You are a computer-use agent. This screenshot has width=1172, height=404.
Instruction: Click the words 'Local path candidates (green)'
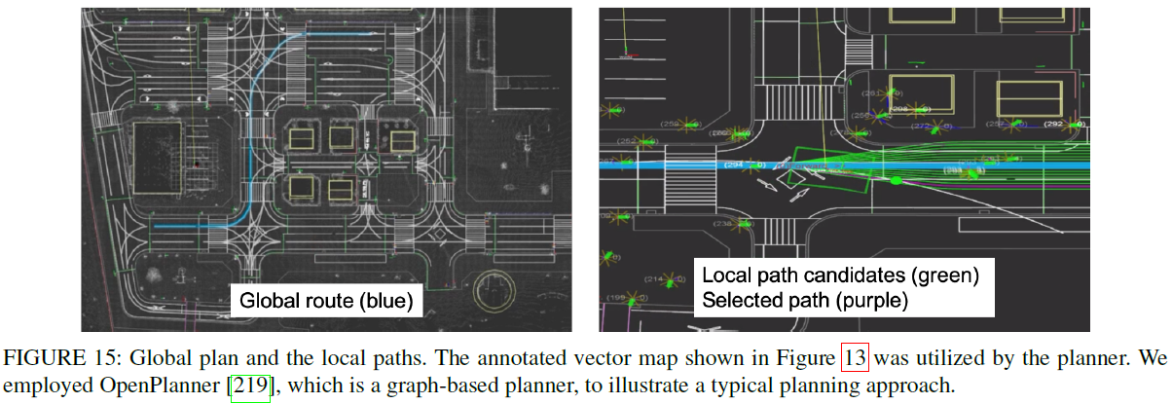tap(840, 275)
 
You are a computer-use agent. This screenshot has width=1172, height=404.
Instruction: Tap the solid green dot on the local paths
tap(896, 180)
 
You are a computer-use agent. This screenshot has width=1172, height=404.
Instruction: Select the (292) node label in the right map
tap(1053, 125)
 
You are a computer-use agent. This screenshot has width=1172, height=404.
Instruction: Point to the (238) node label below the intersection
tap(724, 224)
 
